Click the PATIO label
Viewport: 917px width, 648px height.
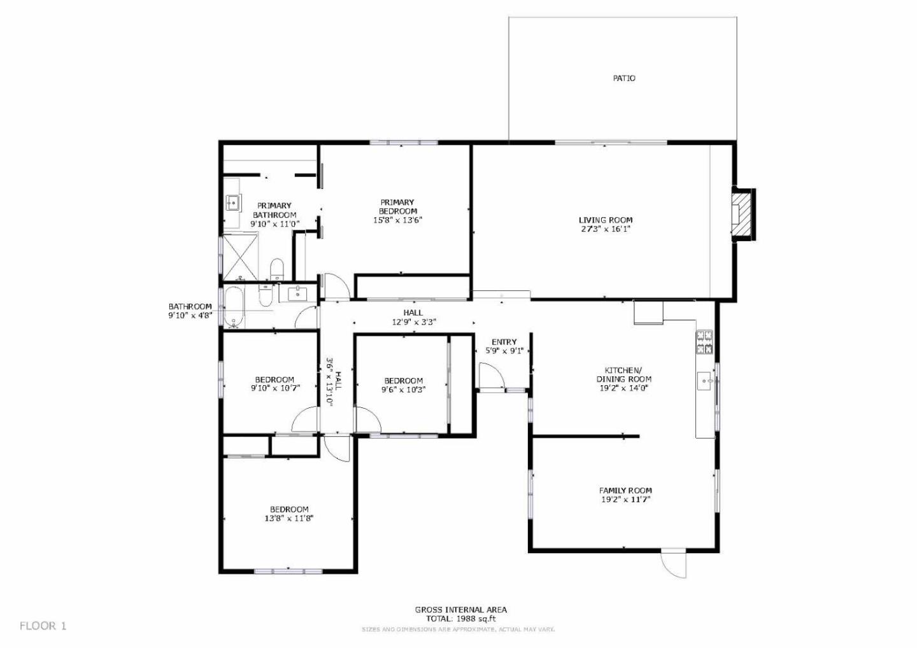click(623, 78)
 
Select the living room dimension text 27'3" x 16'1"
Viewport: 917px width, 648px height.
click(604, 229)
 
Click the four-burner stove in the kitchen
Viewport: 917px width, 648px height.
click(704, 342)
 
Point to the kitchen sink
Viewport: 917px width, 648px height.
click(706, 382)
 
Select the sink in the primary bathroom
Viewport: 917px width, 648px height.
click(232, 203)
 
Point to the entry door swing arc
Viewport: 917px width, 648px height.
click(492, 375)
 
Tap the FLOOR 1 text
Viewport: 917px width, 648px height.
click(43, 626)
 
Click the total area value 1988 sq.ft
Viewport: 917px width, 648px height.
click(474, 618)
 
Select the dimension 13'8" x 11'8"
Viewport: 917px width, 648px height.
click(289, 518)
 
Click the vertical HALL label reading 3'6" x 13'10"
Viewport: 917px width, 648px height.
click(334, 381)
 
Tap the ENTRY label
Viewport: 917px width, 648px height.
click(504, 342)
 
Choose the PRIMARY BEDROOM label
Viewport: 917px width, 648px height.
click(398, 207)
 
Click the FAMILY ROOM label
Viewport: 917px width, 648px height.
click(625, 490)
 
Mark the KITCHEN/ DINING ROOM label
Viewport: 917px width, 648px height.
click(623, 374)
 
